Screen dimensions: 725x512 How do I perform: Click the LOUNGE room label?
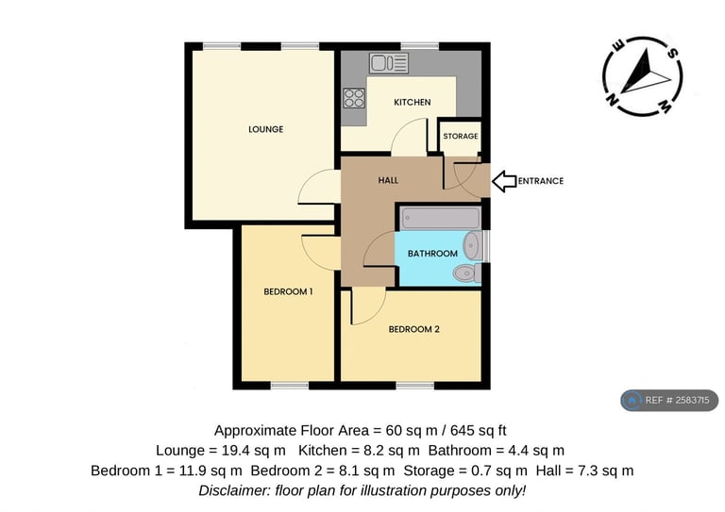point(266,129)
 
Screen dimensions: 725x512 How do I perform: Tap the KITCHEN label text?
point(413,102)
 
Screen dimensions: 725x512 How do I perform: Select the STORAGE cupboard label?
point(461,136)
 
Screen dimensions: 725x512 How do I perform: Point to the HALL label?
point(388,180)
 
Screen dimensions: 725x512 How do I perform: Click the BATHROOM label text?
point(432,254)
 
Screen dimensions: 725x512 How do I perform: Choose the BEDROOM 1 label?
point(288,291)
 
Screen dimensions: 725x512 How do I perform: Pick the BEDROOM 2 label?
point(413,329)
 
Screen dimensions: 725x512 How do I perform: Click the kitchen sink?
point(389,63)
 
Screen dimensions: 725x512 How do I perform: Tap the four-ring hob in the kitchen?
point(354,98)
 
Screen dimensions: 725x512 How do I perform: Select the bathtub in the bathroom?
point(441,219)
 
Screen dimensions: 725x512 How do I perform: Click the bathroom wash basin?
point(473,245)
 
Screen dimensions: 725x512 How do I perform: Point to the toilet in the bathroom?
point(467,273)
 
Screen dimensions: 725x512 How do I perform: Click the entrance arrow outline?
point(504,181)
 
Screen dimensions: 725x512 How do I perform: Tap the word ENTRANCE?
point(541,181)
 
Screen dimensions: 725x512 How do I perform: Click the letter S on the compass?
point(673,53)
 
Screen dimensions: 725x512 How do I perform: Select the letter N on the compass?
point(612,100)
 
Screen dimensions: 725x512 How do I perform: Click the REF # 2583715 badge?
point(669,401)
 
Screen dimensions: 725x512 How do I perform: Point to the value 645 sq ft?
point(479,431)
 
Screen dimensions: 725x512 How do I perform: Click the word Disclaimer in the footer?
point(234,490)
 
